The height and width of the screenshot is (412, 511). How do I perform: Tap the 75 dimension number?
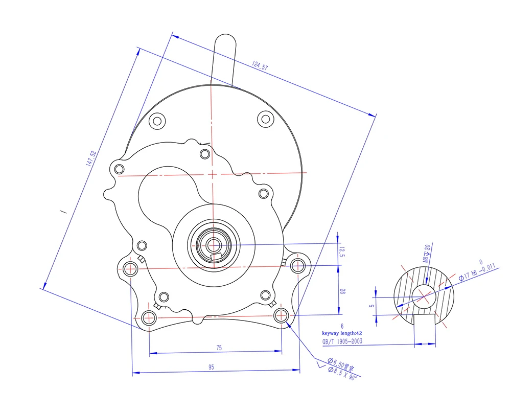[219, 348]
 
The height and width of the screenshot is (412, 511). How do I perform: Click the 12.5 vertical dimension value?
[343, 252]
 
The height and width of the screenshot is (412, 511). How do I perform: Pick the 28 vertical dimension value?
[343, 292]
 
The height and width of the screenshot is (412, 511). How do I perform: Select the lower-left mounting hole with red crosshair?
[149, 317]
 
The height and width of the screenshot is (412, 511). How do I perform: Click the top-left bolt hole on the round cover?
[157, 121]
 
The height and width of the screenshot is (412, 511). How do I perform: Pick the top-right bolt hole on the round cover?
[265, 119]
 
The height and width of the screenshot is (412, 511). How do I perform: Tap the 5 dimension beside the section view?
[372, 305]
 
